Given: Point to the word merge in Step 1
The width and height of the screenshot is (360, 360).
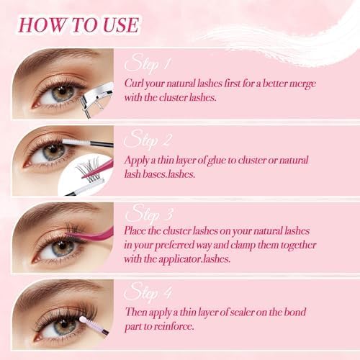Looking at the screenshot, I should pos(300,84).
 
